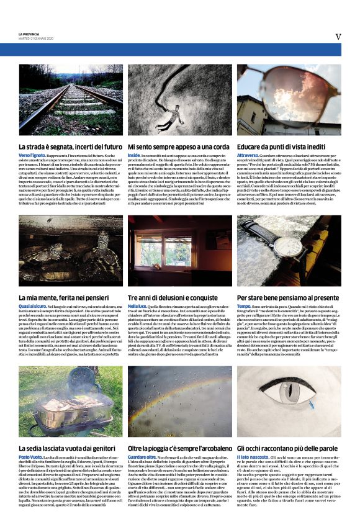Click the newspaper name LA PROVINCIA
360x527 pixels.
coord(29,33)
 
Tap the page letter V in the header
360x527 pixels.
coord(338,36)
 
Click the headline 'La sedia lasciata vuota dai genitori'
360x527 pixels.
coord(68,448)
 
